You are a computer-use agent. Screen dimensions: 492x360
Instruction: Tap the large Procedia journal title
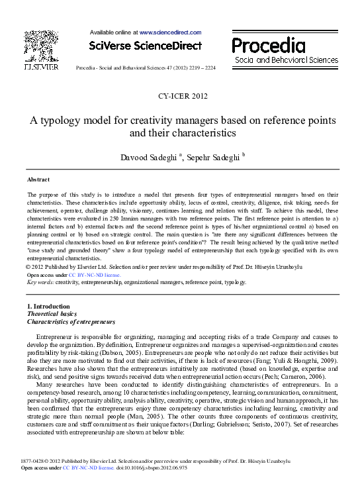pyautogui.click(x=268, y=46)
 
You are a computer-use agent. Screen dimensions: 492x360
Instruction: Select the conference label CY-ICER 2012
pyautogui.click(x=183, y=97)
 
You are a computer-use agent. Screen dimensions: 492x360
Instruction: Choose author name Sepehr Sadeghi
pyautogui.click(x=213, y=156)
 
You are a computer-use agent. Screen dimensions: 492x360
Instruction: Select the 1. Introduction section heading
pyautogui.click(x=48, y=307)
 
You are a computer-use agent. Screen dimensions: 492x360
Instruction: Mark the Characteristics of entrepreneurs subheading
pyautogui.click(x=71, y=322)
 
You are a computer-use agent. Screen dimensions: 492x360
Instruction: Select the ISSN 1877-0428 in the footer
pyautogui.click(x=34, y=478)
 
